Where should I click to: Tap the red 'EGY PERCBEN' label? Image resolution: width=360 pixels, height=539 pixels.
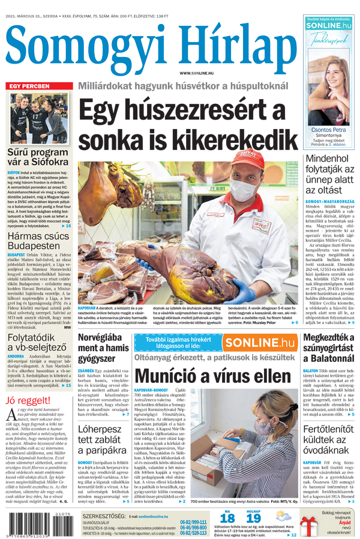[28, 86]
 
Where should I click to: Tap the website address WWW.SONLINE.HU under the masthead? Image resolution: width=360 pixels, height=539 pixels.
[196, 73]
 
